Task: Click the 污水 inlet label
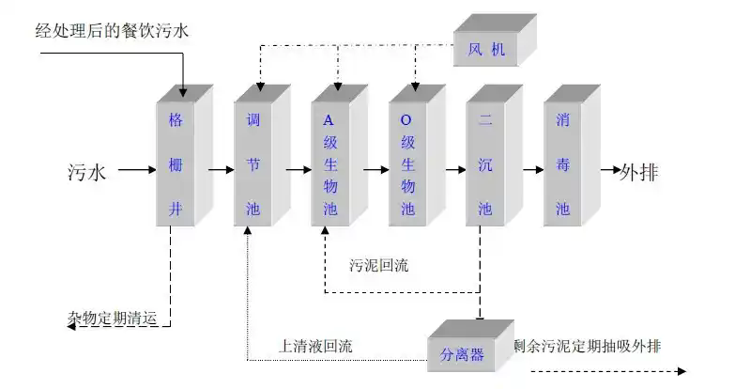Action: pyautogui.click(x=87, y=172)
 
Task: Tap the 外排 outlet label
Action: pyautogui.click(x=639, y=172)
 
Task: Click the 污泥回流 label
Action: pyautogui.click(x=378, y=265)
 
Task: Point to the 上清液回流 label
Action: pyautogui.click(x=315, y=347)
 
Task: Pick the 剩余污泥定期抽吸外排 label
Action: pyautogui.click(x=587, y=346)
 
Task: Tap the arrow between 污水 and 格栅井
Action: pyautogui.click(x=134, y=171)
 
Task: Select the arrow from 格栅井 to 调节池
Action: pyautogui.click(x=222, y=171)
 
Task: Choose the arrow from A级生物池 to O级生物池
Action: pyautogui.click(x=375, y=171)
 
